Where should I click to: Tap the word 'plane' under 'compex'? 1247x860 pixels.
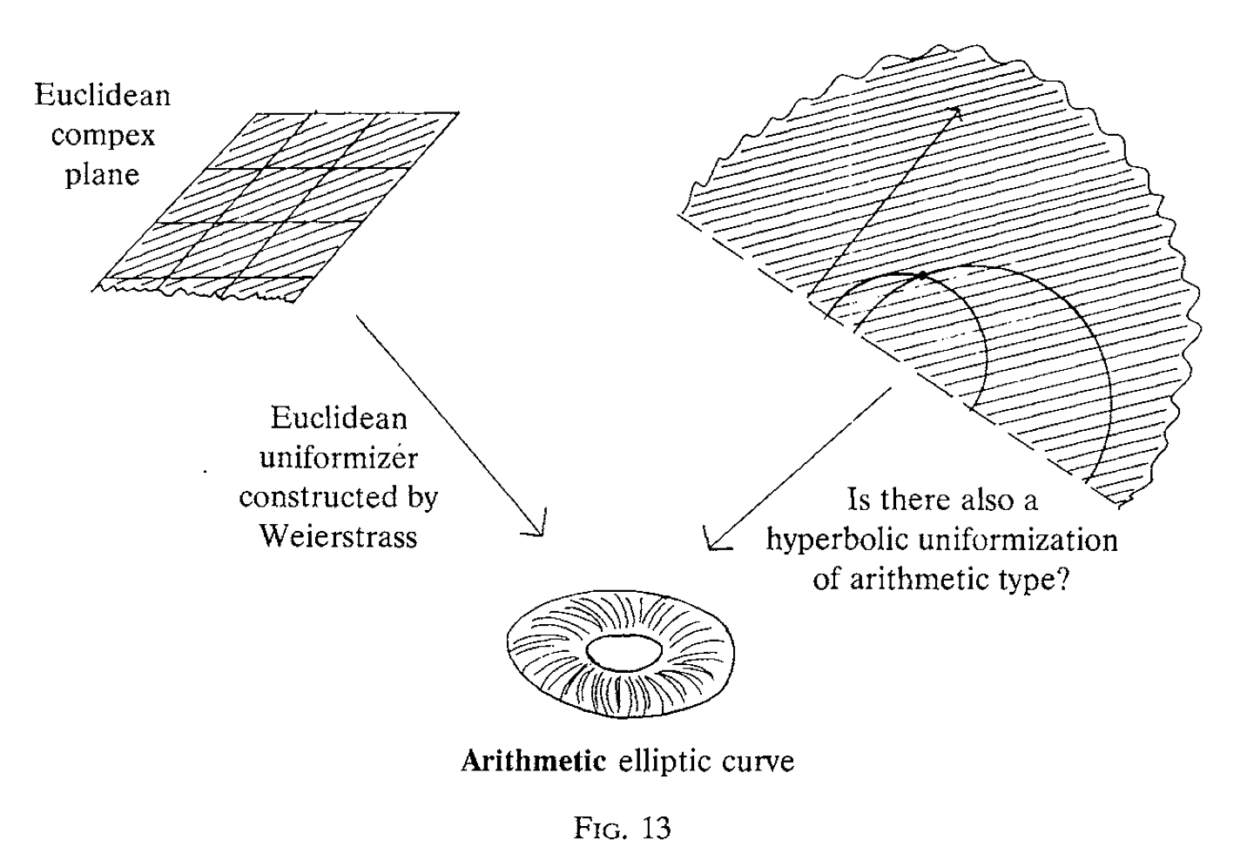[103, 174]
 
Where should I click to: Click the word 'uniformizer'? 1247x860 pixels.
[339, 458]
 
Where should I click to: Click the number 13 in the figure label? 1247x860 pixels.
[654, 828]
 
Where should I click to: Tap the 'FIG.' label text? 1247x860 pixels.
[598, 828]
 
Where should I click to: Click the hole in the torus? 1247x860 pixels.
[623, 649]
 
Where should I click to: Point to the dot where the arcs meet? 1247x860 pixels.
[922, 275]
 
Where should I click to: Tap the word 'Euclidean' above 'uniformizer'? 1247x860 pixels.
[339, 419]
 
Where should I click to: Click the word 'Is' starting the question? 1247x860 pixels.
[859, 501]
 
